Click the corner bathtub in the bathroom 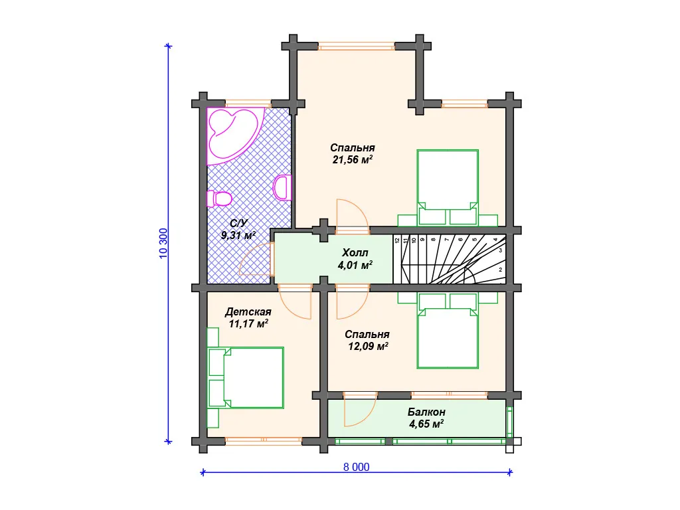click(234, 134)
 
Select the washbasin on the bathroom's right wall click(283, 187)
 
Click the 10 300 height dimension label click(163, 243)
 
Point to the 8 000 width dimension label click(357, 467)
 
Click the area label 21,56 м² click(353, 159)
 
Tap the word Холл click(355, 252)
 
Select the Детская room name click(248, 312)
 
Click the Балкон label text click(426, 412)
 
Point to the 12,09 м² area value click(368, 346)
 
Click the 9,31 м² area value click(238, 236)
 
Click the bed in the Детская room click(246, 378)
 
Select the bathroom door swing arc click(256, 259)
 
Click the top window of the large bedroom click(357, 46)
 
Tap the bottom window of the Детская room click(264, 442)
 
